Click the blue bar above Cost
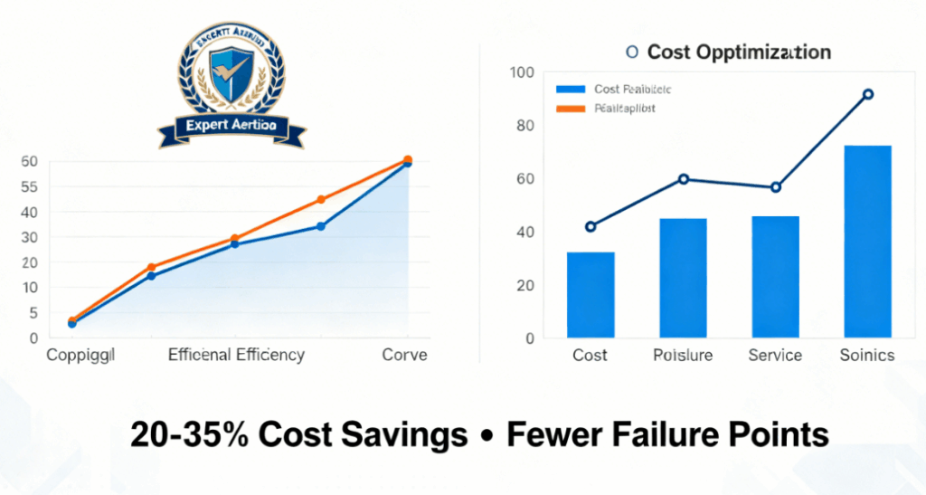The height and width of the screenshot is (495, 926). pyautogui.click(x=591, y=295)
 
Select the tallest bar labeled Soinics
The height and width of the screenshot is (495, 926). pyautogui.click(x=867, y=242)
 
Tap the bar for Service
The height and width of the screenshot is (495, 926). pyautogui.click(x=775, y=277)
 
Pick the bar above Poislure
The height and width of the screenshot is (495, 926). pyautogui.click(x=683, y=278)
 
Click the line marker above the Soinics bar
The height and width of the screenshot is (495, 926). pyautogui.click(x=868, y=94)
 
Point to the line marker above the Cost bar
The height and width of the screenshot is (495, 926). pyautogui.click(x=591, y=226)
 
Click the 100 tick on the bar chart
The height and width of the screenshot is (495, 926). pyautogui.click(x=523, y=72)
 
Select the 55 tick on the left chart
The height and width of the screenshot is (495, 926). pyautogui.click(x=30, y=186)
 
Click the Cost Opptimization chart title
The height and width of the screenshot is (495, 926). pyautogui.click(x=738, y=52)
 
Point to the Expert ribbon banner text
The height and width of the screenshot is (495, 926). pyautogui.click(x=231, y=126)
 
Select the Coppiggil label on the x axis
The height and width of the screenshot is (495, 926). pyautogui.click(x=81, y=355)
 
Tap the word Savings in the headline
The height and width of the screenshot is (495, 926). pyautogui.click(x=408, y=436)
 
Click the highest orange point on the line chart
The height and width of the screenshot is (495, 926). pyautogui.click(x=408, y=160)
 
